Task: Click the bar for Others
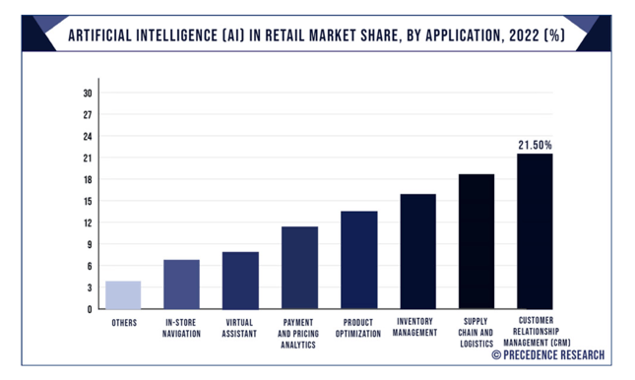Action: pos(123,295)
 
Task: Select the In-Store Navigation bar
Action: pos(181,285)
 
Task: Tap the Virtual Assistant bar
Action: pos(240,281)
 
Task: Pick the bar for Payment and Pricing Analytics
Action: pos(299,268)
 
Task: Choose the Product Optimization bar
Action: pos(358,260)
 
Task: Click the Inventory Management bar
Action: pos(417,251)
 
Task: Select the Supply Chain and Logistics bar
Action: pos(476,241)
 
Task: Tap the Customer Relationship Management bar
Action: pos(535,231)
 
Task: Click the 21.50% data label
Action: pos(535,145)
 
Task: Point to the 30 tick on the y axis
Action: pos(88,94)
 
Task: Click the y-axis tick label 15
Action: pos(88,201)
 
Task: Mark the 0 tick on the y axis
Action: pos(90,309)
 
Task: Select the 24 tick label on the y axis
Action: pos(88,137)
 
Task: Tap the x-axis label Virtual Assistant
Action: pos(240,328)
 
